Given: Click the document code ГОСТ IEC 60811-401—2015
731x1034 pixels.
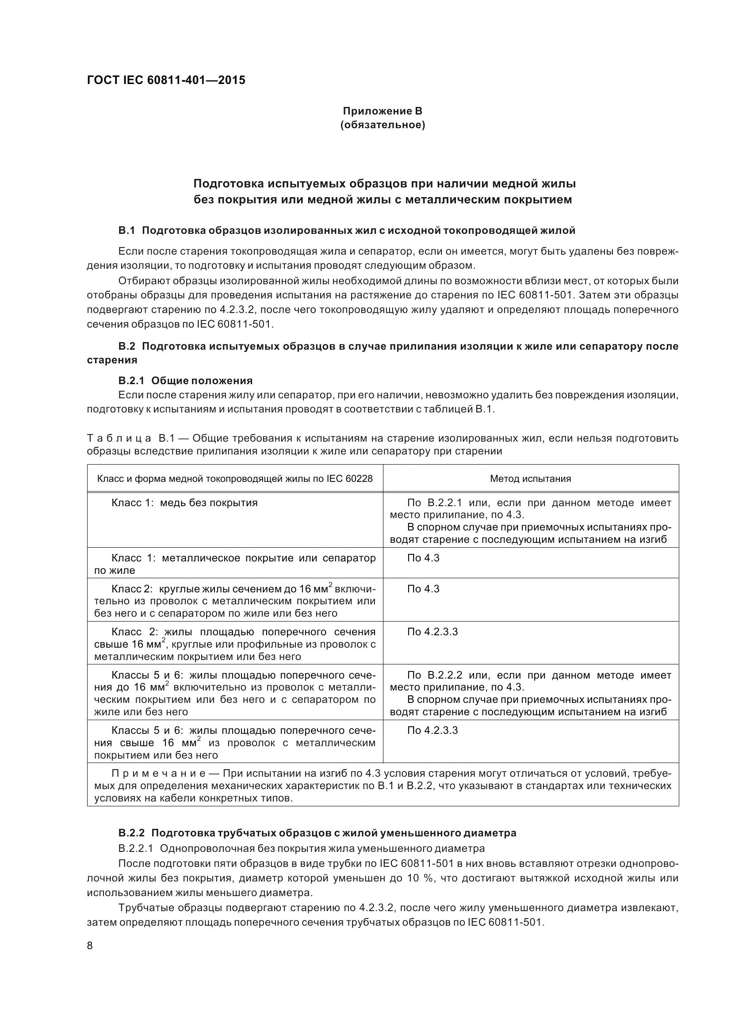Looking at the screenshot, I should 166,80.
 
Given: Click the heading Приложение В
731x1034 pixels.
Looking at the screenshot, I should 382,111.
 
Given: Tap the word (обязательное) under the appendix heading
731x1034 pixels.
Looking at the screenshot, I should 382,125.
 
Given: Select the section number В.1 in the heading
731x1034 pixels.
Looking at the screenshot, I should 126,231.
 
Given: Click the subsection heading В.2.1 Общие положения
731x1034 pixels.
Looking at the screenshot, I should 185,381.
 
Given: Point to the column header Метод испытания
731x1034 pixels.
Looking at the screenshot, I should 530,479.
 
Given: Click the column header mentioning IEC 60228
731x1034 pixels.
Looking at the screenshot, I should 235,479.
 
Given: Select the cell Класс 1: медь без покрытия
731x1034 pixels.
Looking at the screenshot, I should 184,503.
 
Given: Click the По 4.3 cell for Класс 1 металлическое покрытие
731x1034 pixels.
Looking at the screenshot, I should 423,558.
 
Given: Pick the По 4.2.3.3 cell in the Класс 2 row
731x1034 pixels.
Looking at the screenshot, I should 432,632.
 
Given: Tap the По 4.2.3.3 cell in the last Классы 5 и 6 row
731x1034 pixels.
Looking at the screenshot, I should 432,730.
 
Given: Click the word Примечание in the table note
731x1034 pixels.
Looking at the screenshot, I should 159,774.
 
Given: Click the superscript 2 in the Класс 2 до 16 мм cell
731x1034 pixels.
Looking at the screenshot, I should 330,584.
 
